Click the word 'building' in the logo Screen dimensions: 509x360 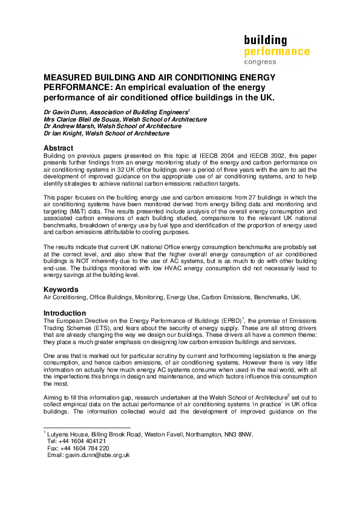(x=265, y=41)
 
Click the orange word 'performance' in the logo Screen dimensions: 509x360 (x=277, y=52)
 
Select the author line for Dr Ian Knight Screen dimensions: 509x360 (x=106, y=134)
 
